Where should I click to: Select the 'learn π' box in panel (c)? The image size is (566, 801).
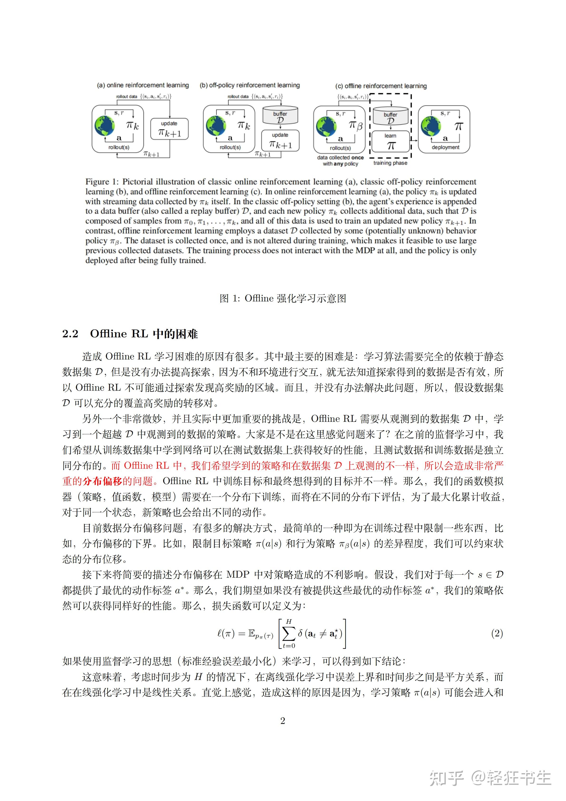(x=390, y=141)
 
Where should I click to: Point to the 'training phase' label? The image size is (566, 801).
(x=390, y=163)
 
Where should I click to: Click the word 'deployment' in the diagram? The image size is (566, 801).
(x=445, y=147)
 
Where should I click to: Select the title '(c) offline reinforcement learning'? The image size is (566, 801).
(x=381, y=86)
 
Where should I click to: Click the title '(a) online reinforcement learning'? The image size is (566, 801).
(x=143, y=85)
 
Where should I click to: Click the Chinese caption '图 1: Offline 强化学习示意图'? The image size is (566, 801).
(x=283, y=298)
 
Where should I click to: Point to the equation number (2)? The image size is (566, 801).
(x=497, y=633)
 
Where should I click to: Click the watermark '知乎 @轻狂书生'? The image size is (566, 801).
(x=490, y=778)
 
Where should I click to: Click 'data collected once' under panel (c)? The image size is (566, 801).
(x=340, y=158)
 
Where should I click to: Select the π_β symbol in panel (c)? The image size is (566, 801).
(x=355, y=126)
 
